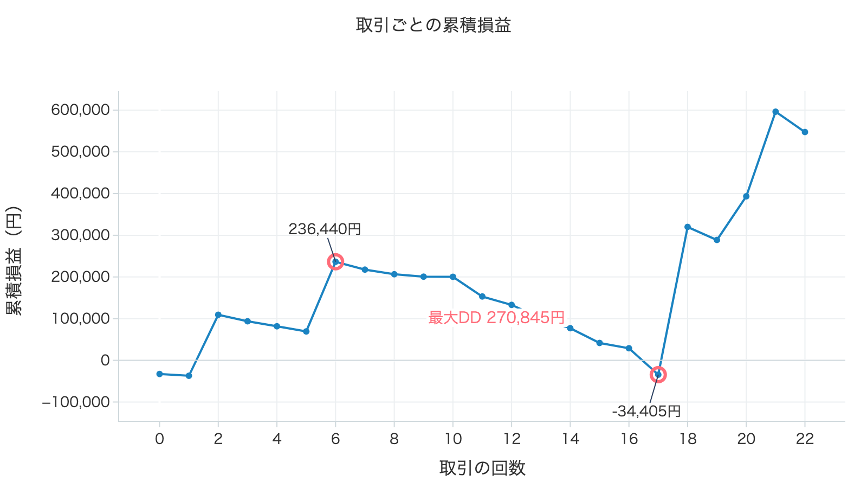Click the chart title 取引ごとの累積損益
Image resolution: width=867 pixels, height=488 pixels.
point(433,25)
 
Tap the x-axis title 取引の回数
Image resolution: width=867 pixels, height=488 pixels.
point(482,468)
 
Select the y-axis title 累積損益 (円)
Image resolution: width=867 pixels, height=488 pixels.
point(14,261)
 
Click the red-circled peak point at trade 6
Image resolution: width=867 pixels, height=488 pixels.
point(335,262)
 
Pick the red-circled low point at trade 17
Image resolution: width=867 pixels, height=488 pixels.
point(658,375)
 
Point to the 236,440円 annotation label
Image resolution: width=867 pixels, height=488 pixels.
point(325,229)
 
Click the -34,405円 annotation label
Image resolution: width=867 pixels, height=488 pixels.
point(646,412)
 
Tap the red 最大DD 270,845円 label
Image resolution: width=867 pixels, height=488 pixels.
point(496,318)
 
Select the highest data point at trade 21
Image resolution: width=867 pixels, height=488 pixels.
point(775,112)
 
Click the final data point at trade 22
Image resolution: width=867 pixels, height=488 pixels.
point(805,132)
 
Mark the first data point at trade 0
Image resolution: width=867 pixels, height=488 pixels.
point(159,374)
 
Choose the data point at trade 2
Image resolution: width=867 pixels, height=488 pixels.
point(218,315)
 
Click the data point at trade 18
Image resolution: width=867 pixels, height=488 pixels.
point(688,227)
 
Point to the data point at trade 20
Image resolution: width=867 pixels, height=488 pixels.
point(746,196)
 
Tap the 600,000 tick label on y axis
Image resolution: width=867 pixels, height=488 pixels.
point(81,110)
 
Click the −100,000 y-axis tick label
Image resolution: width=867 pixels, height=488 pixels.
point(76,402)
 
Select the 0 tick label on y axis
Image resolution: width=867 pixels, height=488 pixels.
point(105,361)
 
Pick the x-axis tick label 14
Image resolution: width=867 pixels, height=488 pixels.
point(571,439)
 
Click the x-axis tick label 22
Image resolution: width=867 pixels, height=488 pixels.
point(805,439)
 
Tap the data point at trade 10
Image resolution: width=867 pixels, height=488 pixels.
point(453,277)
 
